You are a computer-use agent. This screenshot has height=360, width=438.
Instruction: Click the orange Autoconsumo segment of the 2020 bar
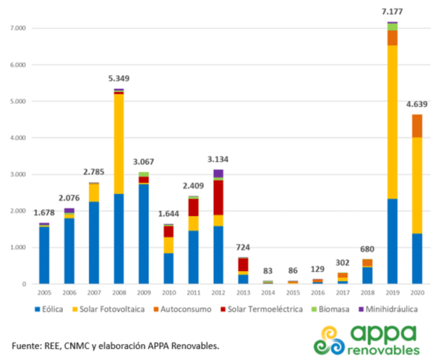pyautogui.click(x=417, y=126)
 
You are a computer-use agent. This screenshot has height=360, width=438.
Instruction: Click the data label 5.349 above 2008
pyautogui.click(x=119, y=78)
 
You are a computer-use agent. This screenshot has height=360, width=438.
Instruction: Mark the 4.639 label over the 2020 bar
pyautogui.click(x=417, y=104)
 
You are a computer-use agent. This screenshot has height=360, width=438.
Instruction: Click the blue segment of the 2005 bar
pyautogui.click(x=45, y=256)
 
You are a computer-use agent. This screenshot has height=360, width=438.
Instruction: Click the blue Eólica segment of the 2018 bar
pyautogui.click(x=367, y=275)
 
